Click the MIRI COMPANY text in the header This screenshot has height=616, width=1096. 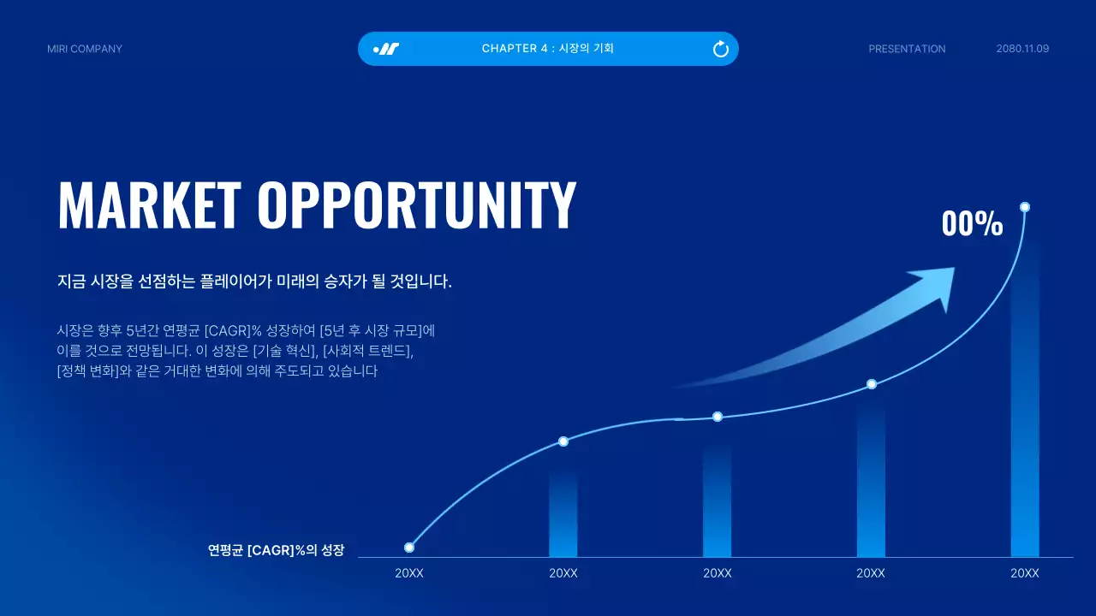85,49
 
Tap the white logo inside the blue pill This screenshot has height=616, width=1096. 387,49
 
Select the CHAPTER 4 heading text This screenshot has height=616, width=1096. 547,49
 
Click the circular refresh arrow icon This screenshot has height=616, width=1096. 721,49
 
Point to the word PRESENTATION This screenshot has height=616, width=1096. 907,49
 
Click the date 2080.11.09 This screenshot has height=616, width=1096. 1022,49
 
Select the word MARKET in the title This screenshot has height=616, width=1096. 149,205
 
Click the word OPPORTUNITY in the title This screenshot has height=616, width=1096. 417,205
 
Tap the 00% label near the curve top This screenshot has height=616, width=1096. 972,223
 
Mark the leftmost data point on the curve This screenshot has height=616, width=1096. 409,548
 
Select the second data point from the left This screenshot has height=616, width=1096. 563,441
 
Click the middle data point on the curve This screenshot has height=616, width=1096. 718,417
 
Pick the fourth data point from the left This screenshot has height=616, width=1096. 872,384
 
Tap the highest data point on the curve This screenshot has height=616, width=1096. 1025,207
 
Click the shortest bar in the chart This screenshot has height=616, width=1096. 563,513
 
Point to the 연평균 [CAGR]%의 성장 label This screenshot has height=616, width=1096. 276,550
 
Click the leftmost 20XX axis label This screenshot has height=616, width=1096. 409,573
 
